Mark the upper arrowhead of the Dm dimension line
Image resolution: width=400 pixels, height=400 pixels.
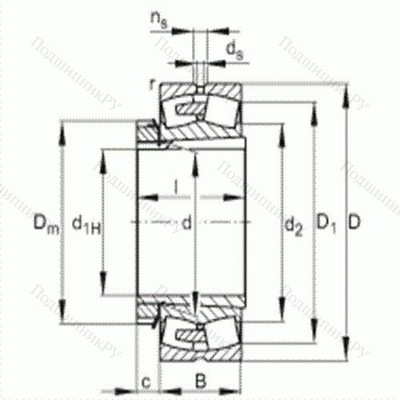[62, 126]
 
